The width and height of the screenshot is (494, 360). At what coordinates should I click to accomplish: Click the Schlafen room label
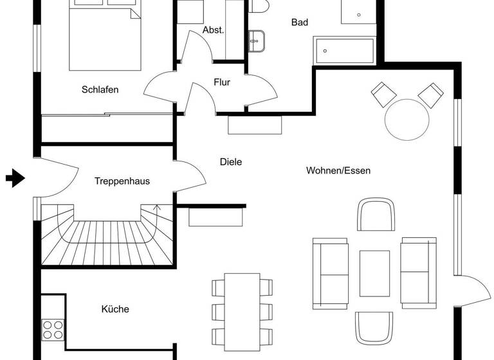coord(100,90)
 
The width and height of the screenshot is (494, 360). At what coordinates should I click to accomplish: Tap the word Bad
coord(300,22)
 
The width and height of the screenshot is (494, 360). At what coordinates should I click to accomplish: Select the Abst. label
coord(213,30)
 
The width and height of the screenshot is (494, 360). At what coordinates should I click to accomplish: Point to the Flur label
coord(222,82)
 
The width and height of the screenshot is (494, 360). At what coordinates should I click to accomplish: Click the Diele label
coord(230,162)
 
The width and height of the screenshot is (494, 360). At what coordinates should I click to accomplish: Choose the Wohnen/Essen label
coord(338,170)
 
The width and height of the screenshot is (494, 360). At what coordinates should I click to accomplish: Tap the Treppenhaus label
coord(122,181)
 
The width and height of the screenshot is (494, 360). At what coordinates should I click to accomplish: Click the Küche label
coord(115,309)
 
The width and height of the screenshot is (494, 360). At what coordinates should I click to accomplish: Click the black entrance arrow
coord(15,178)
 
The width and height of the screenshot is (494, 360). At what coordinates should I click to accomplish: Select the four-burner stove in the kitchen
coord(53,329)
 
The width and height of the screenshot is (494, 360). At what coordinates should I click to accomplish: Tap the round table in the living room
coord(407,119)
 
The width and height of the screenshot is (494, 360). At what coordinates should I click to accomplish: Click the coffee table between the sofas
coord(374,273)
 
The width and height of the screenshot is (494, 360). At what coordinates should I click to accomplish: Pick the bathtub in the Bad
coord(344,50)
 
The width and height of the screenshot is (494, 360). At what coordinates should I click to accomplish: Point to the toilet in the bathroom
coord(260,6)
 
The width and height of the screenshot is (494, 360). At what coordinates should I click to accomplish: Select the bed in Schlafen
coord(105,35)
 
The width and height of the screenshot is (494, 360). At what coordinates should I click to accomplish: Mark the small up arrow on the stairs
coord(158,208)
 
